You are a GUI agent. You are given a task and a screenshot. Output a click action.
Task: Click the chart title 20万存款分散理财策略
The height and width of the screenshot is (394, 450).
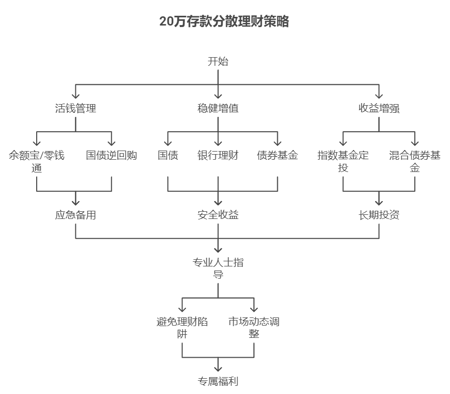224,21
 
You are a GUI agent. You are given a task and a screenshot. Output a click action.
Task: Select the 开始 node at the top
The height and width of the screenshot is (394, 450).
218,62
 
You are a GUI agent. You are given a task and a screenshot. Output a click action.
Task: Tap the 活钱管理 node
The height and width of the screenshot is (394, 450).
75,108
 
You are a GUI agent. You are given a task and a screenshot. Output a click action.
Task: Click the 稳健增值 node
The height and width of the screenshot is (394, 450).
218,108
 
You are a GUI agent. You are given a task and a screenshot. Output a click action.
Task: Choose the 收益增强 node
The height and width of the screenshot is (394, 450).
379,108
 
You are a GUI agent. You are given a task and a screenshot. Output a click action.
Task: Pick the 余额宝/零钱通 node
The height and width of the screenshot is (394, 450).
37,161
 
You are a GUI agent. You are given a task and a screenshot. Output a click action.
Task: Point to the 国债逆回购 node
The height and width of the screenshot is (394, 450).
111,155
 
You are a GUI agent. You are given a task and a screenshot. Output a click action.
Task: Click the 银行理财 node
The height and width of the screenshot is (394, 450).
218,155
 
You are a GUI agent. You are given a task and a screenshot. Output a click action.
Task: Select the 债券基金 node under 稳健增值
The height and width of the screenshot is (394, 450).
277,155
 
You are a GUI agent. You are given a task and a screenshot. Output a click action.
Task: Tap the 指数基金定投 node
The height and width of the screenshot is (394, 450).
343,161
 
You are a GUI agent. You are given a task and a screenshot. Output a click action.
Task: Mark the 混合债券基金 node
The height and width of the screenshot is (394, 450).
415,161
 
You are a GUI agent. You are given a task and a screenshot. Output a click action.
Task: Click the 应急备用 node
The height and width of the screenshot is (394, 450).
75,215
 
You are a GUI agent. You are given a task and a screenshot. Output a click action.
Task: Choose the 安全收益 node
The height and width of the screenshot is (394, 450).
218,215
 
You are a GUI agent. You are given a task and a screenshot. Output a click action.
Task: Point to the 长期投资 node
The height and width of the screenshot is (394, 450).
379,215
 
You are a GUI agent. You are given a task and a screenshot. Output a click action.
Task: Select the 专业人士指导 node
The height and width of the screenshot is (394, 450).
218,268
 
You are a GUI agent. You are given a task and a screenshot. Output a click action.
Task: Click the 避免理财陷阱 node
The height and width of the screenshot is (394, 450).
182,328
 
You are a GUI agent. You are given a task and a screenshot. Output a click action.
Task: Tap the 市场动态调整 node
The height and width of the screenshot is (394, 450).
254,328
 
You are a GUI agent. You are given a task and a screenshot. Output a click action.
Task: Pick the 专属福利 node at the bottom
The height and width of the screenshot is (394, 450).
218,381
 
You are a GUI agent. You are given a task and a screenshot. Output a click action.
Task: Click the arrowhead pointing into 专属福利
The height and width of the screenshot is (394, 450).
218,368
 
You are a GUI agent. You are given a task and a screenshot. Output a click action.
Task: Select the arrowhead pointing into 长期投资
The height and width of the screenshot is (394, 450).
379,202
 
